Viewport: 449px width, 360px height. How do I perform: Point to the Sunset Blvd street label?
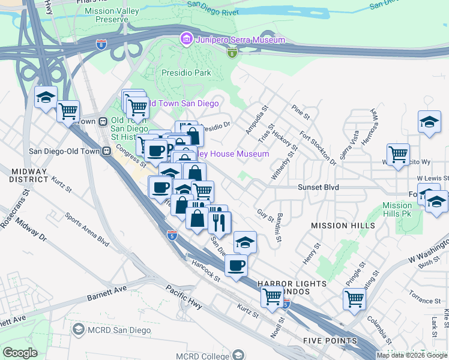[318, 187]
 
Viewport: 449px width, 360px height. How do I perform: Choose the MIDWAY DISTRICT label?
[29, 175]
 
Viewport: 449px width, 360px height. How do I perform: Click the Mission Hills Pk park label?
[397, 209]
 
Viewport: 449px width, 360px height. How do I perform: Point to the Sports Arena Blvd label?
[87, 230]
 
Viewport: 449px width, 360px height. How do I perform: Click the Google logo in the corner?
[20, 353]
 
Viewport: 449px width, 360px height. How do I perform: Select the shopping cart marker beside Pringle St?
[354, 299]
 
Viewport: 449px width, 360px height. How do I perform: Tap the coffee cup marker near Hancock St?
[236, 265]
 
